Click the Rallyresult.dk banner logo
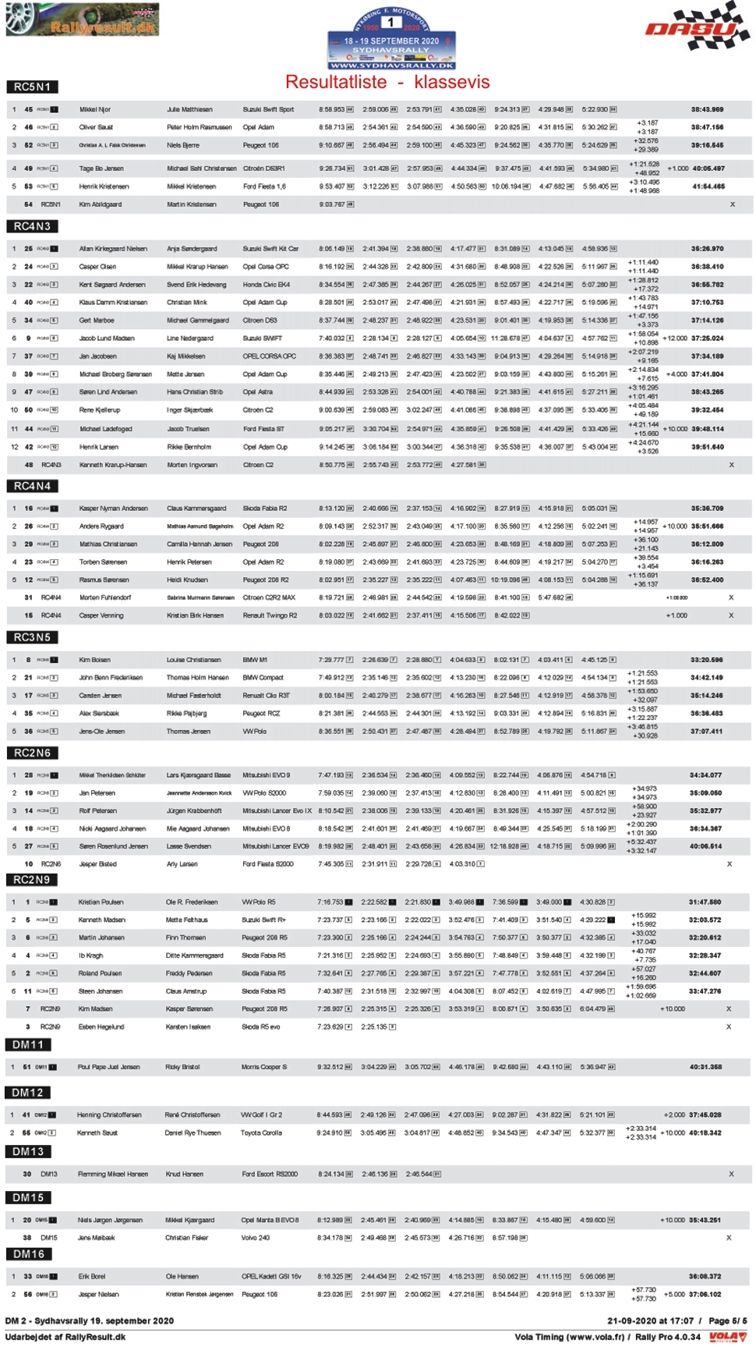(82, 19)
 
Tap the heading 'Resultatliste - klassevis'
(387, 82)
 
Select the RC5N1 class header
(33, 87)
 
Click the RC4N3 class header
(33, 226)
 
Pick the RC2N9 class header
(32, 879)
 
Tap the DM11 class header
(28, 1044)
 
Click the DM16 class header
(29, 1253)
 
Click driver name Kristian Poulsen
(101, 902)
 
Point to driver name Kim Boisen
(94, 660)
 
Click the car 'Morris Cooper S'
(263, 1067)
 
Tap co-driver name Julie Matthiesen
(189, 109)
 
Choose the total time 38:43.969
(707, 109)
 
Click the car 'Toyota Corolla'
(261, 1132)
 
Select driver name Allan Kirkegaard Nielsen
(113, 249)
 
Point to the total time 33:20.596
(705, 660)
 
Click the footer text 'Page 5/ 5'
(727, 1320)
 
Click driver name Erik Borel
(91, 1276)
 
